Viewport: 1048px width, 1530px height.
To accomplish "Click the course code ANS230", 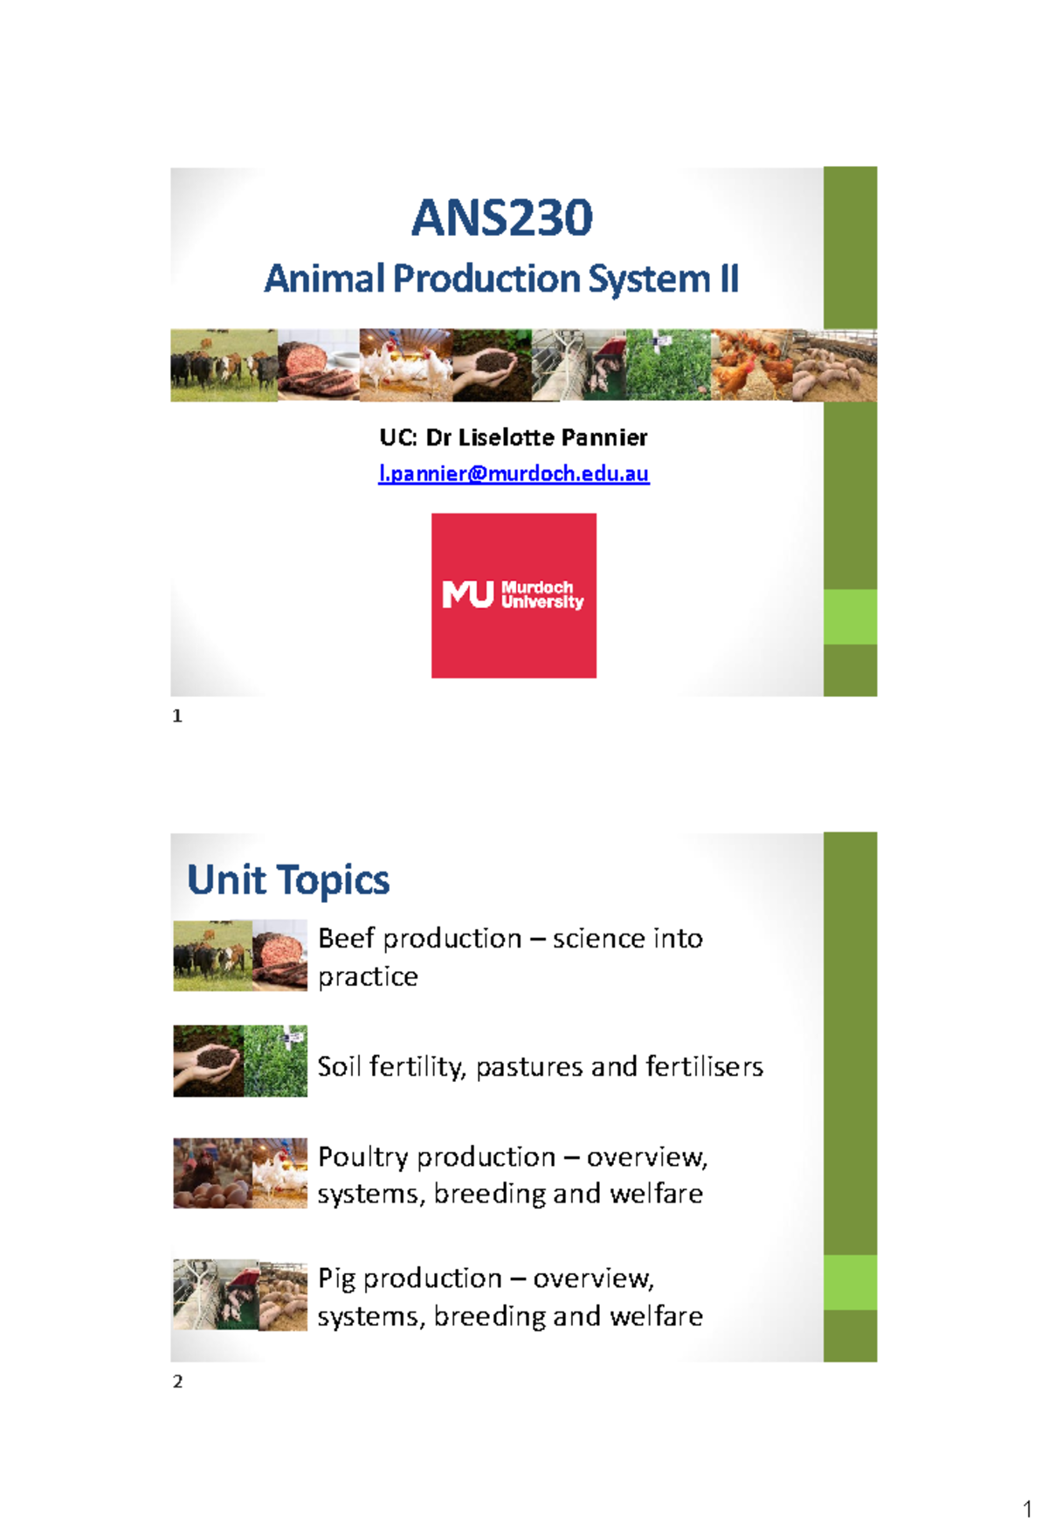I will pyautogui.click(x=502, y=218).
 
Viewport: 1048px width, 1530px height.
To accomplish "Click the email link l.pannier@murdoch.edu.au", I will pyautogui.click(x=514, y=473).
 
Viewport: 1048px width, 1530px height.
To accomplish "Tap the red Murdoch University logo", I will pyautogui.click(x=514, y=596).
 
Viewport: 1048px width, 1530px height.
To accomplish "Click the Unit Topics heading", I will pyautogui.click(x=288, y=879).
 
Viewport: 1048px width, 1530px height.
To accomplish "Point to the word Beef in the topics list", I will pyautogui.click(x=346, y=939).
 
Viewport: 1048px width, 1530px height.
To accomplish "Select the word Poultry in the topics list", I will pyautogui.click(x=362, y=1157).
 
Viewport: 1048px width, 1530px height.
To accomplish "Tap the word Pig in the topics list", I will pyautogui.click(x=336, y=1279).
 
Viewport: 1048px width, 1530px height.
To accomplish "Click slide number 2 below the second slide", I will pyautogui.click(x=178, y=1382).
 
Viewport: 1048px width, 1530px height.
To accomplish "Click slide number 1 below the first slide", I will pyautogui.click(x=177, y=716).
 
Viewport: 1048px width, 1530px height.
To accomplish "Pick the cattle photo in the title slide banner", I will pyautogui.click(x=224, y=365).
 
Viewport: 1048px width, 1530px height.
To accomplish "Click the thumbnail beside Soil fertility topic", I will pyautogui.click(x=240, y=1061).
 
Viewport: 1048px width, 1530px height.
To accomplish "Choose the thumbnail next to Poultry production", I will pyautogui.click(x=240, y=1173).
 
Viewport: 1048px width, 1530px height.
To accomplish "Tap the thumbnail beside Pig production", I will pyautogui.click(x=240, y=1295).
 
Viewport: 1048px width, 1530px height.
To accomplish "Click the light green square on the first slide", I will pyautogui.click(x=850, y=617).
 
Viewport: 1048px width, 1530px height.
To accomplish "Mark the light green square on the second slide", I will pyautogui.click(x=850, y=1282).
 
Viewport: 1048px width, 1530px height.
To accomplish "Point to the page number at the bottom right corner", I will pyautogui.click(x=1027, y=1509).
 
